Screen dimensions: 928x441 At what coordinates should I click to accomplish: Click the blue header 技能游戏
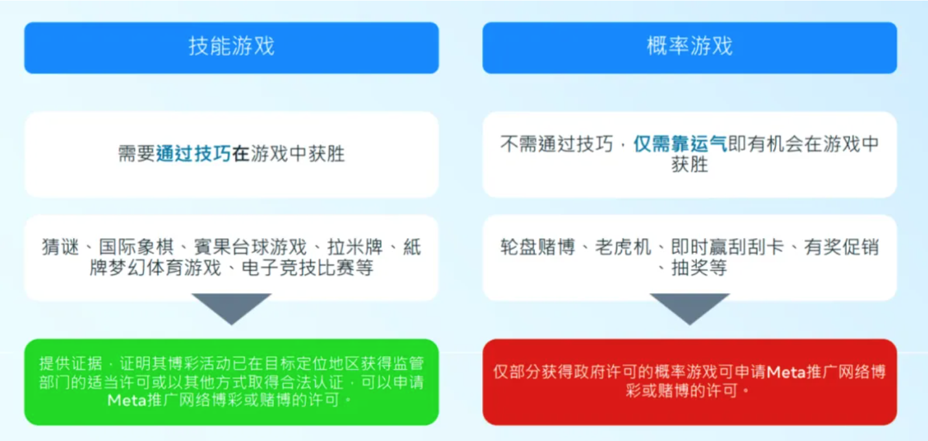coord(232,47)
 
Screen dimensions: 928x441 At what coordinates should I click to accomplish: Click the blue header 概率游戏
coord(690,47)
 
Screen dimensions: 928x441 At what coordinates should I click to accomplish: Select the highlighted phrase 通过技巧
coord(193,154)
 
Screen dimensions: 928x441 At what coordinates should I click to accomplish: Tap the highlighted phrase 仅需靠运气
coord(680,144)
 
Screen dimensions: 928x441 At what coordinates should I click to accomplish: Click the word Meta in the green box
coord(127,400)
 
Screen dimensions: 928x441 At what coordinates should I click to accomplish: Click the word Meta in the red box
coord(786,372)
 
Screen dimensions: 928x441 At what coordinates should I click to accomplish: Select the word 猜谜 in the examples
coord(60,247)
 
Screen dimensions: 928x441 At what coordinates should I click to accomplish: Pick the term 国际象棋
coord(136,247)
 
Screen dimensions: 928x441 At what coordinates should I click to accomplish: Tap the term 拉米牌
coord(355,247)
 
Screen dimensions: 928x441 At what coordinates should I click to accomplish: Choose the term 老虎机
coord(624,247)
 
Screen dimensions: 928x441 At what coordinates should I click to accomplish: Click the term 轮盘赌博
coord(538,247)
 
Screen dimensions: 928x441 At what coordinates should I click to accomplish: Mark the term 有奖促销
coord(842,247)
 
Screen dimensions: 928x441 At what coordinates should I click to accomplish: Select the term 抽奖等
coord(700,267)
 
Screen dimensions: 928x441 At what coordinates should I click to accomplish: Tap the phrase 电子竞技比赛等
coord(308,267)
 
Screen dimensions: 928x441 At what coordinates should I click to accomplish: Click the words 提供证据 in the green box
coord(71,364)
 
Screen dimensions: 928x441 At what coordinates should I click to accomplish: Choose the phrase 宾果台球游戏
coord(250,247)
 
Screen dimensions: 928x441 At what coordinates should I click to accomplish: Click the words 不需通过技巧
coord(556,144)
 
